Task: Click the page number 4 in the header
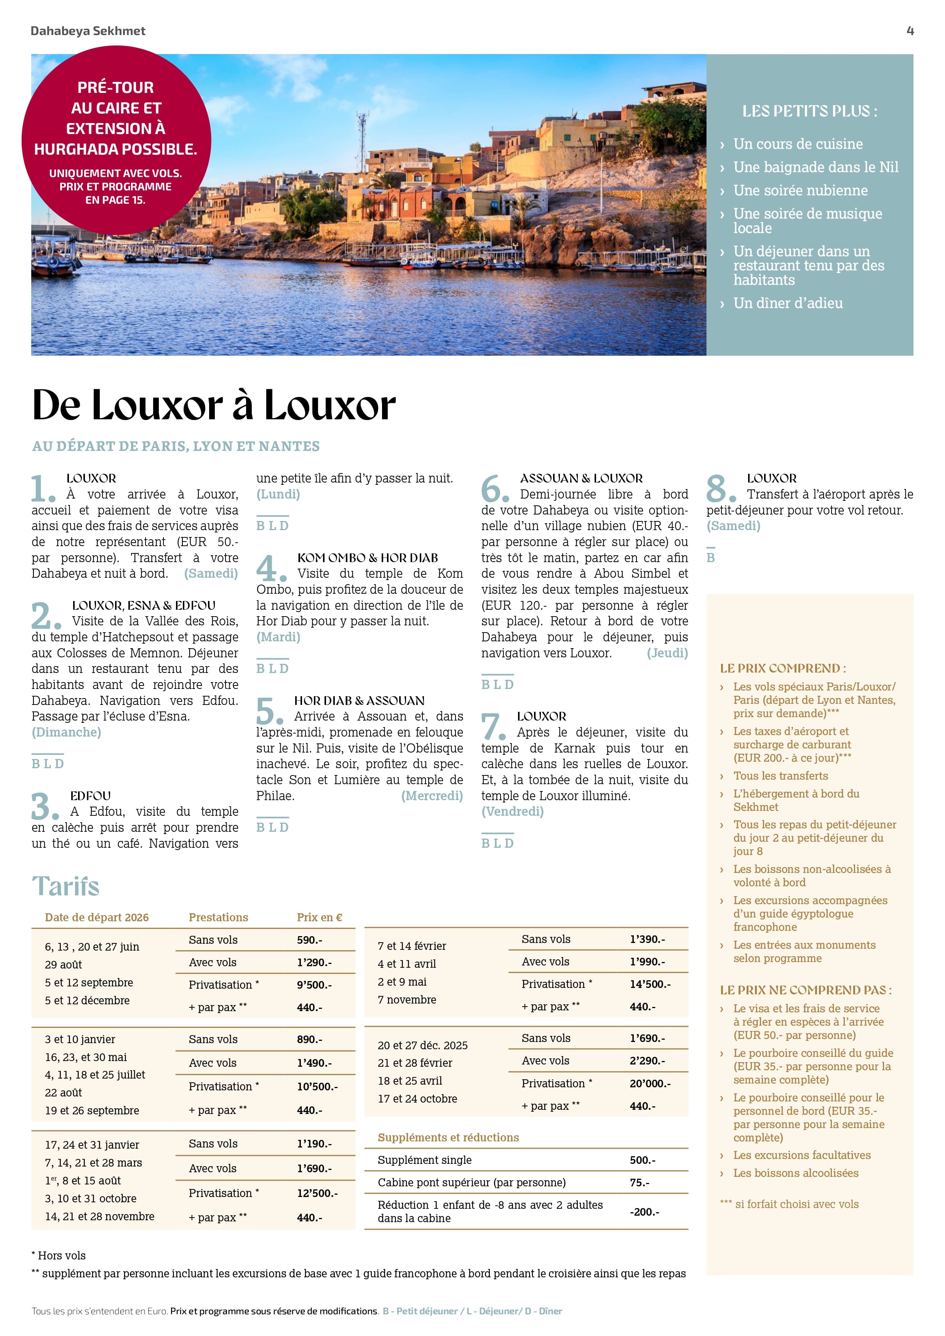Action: point(910,31)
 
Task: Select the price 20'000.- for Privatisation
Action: point(650,1084)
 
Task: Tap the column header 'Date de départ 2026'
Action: point(97,917)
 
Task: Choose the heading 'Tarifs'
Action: point(66,886)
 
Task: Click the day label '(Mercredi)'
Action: point(432,796)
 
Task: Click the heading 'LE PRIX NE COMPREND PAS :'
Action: point(805,990)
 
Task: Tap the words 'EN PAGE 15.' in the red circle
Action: point(115,200)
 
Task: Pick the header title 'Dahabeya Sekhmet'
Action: point(88,31)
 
